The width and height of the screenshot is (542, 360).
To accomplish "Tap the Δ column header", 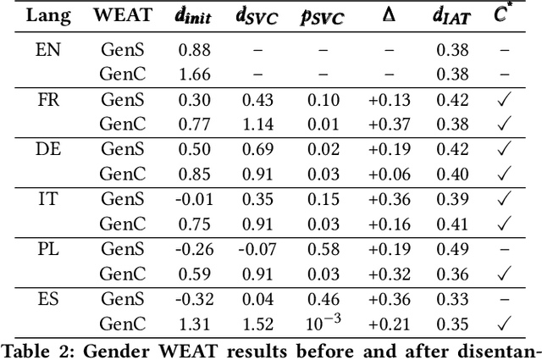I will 389,16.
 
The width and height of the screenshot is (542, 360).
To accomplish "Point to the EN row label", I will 47,49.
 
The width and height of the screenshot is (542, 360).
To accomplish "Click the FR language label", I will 47,99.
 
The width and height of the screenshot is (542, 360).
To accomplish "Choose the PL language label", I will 47,248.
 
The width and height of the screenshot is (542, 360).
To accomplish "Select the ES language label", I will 47,297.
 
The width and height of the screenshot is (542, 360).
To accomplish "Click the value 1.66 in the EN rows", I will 194,74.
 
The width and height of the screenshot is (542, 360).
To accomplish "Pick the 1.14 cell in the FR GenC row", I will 259,124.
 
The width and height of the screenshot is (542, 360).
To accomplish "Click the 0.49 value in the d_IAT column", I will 452,248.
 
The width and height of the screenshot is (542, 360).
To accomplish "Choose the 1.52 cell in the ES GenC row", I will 259,323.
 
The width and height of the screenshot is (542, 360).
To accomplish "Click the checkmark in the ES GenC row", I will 505,323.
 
